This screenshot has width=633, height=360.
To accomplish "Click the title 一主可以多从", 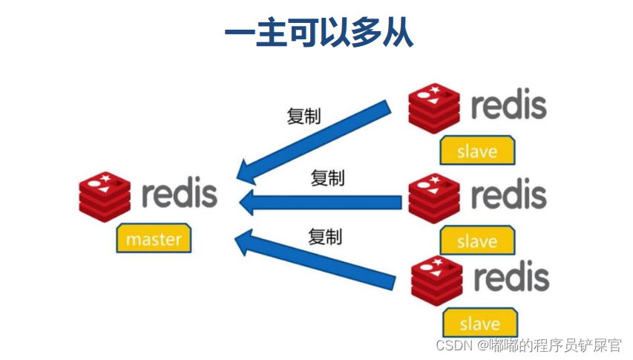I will (x=318, y=33).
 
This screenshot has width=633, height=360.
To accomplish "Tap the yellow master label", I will (x=154, y=239).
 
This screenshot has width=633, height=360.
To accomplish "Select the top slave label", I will (x=477, y=151).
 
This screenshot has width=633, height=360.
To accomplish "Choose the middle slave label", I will (x=477, y=241).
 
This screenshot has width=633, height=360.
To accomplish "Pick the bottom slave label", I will (x=479, y=324).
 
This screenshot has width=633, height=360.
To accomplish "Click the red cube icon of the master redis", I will (x=105, y=196).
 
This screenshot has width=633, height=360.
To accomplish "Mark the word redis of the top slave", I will (x=509, y=106).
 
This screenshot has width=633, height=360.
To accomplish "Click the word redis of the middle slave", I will (x=509, y=195).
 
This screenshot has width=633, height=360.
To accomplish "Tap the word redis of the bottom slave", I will (x=511, y=278).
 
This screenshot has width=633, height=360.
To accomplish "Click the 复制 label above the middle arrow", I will (x=327, y=177).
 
